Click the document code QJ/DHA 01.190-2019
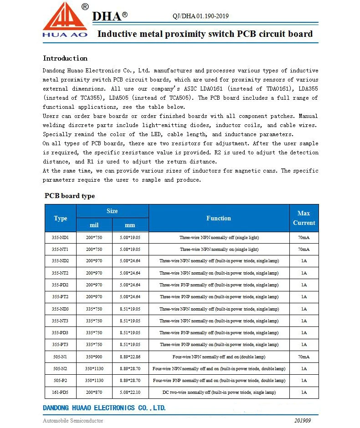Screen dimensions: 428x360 coord(201,16)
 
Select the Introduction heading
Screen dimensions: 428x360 coord(65,58)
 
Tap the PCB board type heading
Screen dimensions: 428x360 coord(70,196)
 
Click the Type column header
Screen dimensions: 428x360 coord(61,218)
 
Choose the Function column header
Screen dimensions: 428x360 coord(219,218)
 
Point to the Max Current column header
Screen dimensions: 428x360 coord(304,218)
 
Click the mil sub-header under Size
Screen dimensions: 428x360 coord(94,225)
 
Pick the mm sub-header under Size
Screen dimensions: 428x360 coord(130,225)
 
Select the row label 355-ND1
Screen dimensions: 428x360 coord(61,238)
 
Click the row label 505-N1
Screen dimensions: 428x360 coord(61,357)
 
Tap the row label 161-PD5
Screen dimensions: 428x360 coord(61,392)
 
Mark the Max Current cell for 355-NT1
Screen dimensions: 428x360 coord(304,250)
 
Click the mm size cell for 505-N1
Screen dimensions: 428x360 coord(130,357)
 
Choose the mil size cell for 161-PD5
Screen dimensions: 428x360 coord(94,392)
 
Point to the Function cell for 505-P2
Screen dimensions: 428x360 coord(219,381)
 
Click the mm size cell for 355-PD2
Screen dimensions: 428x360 coord(130,285)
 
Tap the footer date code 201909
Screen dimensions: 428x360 coord(303,420)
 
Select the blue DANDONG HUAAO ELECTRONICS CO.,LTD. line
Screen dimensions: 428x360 coord(104,408)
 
